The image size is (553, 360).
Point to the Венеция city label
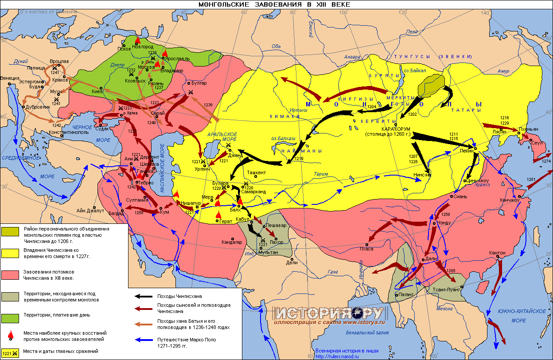click(x=10, y=78)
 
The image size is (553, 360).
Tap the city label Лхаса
click(x=366, y=249)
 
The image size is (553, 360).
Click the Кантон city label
click(x=497, y=253)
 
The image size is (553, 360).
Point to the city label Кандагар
click(x=232, y=242)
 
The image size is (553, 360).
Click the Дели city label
click(x=292, y=262)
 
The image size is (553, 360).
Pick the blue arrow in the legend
click(x=144, y=340)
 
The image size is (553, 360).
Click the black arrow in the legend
click(x=144, y=296)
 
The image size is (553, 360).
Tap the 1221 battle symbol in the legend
click(x=10, y=353)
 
